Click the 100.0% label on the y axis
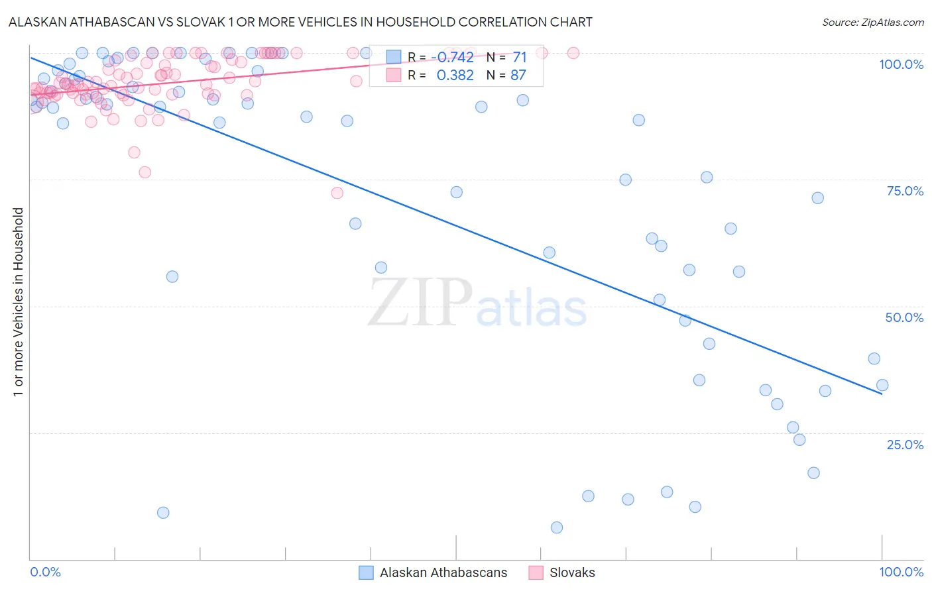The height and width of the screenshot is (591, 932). pos(901,64)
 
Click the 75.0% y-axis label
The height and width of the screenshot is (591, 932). pos(905,191)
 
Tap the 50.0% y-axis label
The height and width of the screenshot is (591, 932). pos(904,317)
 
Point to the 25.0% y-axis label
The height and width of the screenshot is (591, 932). pos(905,445)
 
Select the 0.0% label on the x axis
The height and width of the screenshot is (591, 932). pos(45,572)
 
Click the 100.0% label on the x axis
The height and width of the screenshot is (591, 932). pos(901,572)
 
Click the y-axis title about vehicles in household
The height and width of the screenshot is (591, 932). pos(18,302)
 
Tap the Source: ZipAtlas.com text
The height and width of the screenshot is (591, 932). pos(872,22)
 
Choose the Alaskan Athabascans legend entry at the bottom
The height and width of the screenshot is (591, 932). pos(443,572)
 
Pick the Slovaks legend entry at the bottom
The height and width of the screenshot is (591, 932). pos(571,572)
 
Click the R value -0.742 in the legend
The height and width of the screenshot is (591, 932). pos(455,57)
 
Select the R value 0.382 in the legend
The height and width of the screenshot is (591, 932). pos(455,76)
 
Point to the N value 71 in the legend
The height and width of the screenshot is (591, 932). pos(519,57)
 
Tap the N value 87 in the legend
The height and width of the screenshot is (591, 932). pos(518,76)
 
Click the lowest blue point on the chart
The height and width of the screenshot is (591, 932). pos(557,527)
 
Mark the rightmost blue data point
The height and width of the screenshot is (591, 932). pos(882,385)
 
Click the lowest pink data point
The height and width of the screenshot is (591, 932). pos(337,193)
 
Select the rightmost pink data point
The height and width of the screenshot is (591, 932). pos(573,53)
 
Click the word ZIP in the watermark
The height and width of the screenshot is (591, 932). pos(420,303)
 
